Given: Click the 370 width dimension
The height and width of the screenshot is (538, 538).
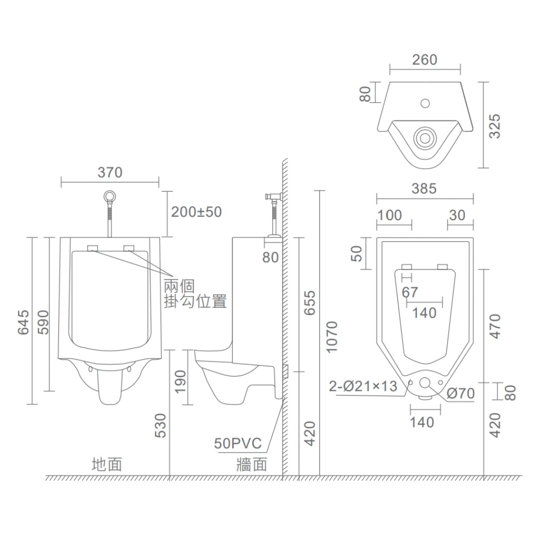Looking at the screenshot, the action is [110, 172].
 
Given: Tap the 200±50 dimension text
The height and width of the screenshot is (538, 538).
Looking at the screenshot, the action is [196, 212].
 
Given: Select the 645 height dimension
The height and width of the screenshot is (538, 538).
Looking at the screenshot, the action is [23, 322].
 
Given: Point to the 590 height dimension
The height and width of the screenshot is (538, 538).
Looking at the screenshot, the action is [43, 322].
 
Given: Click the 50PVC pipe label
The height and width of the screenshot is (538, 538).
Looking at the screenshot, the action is [237, 443].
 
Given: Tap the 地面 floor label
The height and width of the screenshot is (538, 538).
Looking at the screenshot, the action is [107, 464].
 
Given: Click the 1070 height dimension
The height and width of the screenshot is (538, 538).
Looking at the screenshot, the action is [332, 337].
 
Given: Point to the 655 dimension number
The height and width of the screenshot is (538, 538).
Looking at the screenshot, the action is [310, 303].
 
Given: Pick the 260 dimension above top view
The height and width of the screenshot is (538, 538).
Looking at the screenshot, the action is [425, 60].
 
